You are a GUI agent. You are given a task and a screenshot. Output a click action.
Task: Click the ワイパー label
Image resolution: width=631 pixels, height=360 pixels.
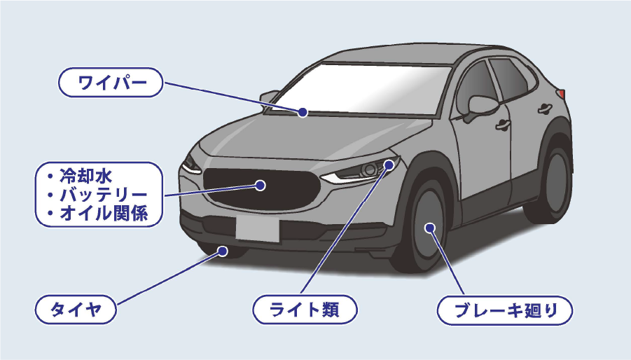coord(111,83)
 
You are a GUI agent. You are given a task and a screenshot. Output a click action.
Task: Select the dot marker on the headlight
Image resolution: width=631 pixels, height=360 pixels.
coord(389,166)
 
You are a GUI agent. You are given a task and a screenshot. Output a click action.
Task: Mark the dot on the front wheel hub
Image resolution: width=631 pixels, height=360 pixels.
coord(429,227)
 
